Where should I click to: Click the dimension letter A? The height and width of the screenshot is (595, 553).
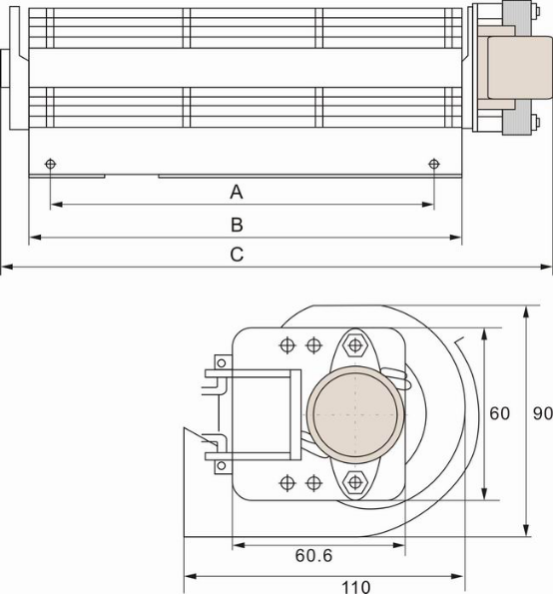[237, 190]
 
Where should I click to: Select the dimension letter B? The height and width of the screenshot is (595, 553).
[237, 224]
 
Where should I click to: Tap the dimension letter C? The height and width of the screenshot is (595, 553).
[237, 255]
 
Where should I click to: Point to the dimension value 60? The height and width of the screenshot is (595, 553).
[499, 412]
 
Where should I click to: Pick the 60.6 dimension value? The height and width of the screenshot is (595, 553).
[314, 555]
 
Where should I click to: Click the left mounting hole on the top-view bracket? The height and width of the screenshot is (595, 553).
[51, 164]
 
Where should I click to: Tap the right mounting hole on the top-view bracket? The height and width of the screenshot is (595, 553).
[433, 164]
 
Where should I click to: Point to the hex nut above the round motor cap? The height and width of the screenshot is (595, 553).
[354, 345]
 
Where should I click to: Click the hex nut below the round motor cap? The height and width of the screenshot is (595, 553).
[354, 482]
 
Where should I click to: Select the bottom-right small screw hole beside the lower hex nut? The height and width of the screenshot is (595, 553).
[313, 482]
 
